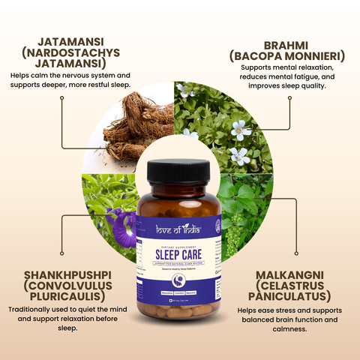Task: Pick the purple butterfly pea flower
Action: coord(121,223)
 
